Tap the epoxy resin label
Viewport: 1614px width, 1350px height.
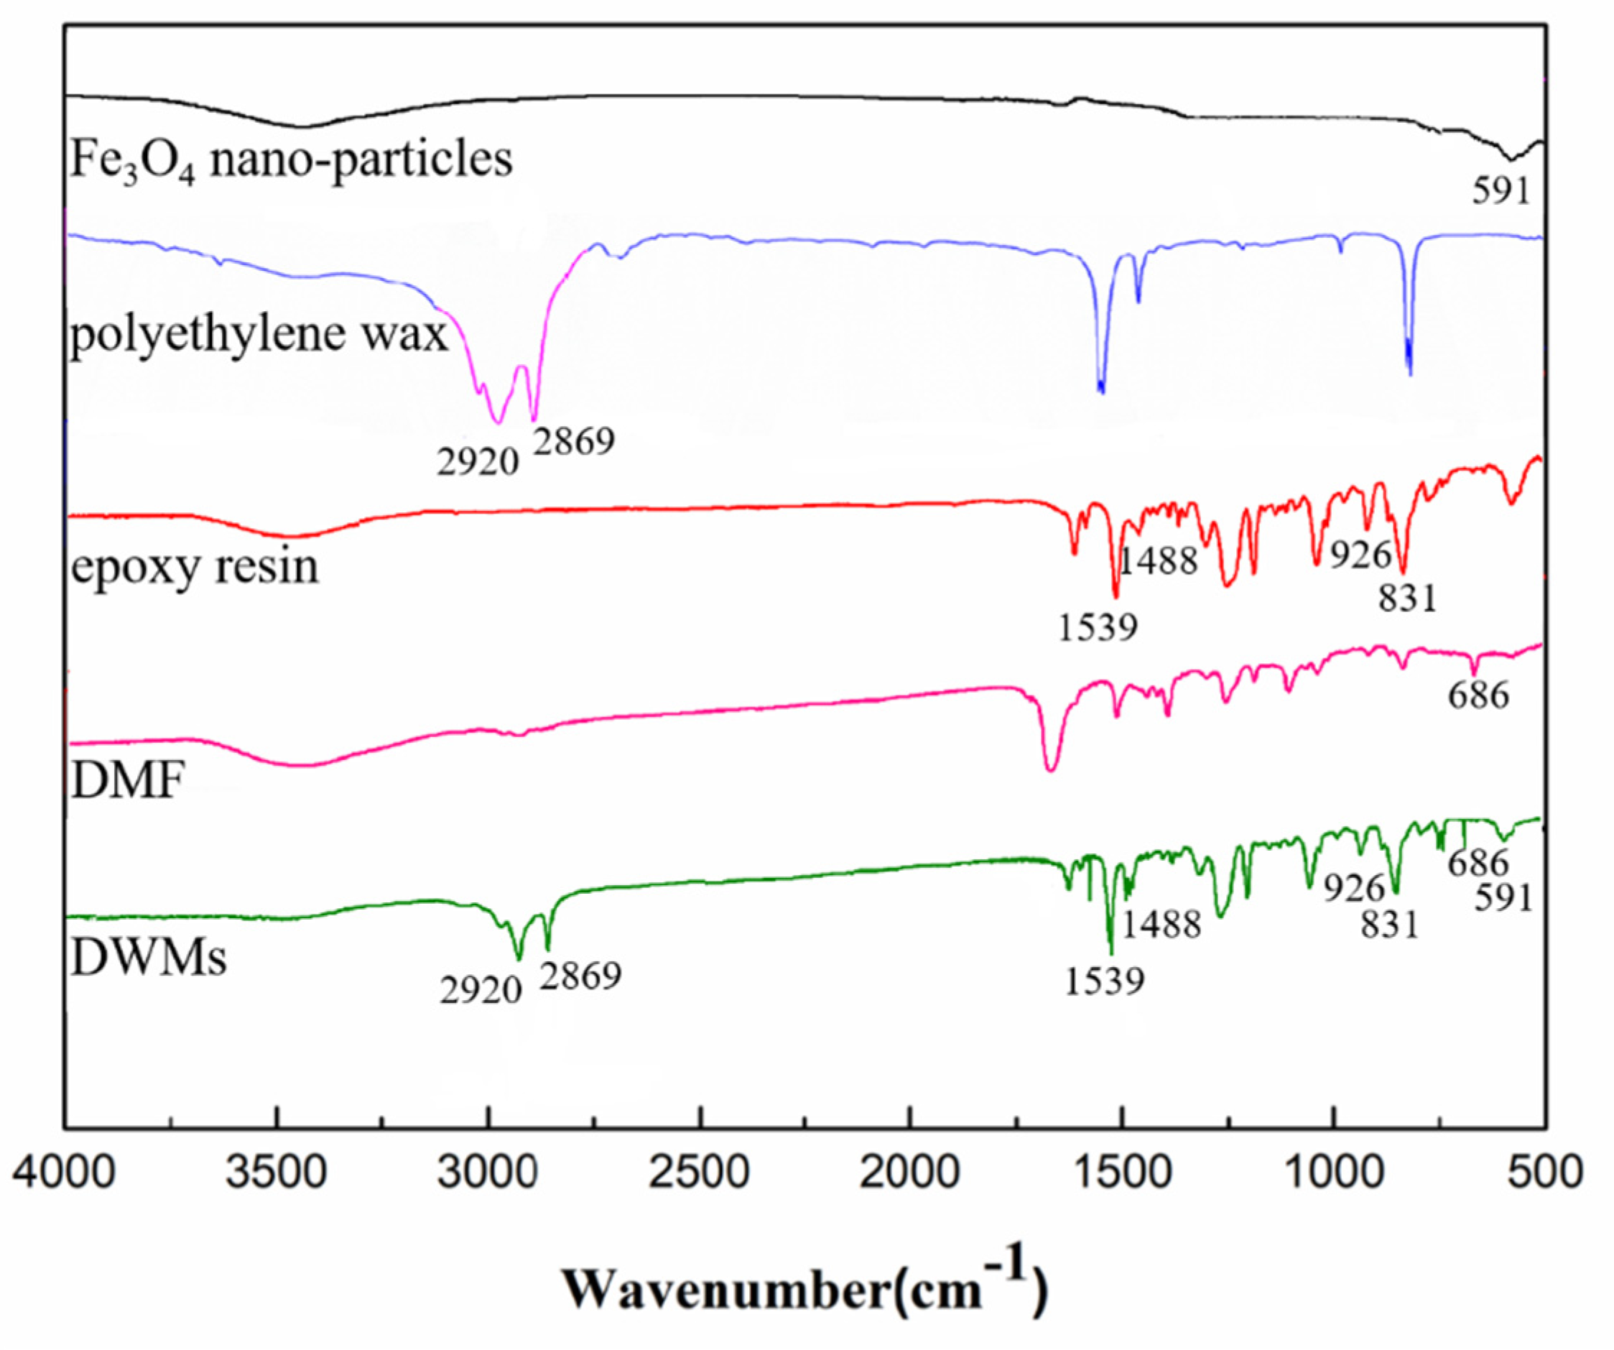tap(195, 567)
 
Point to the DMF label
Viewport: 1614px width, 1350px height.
tap(128, 781)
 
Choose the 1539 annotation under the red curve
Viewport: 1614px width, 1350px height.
tap(1098, 628)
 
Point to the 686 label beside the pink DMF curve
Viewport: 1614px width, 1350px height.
tap(1479, 695)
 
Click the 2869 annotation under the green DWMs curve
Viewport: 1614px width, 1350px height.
tap(580, 976)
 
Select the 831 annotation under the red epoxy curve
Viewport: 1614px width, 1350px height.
tap(1407, 598)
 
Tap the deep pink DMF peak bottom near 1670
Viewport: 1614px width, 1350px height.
tap(1051, 769)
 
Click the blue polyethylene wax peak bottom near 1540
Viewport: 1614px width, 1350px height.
tap(1101, 392)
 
